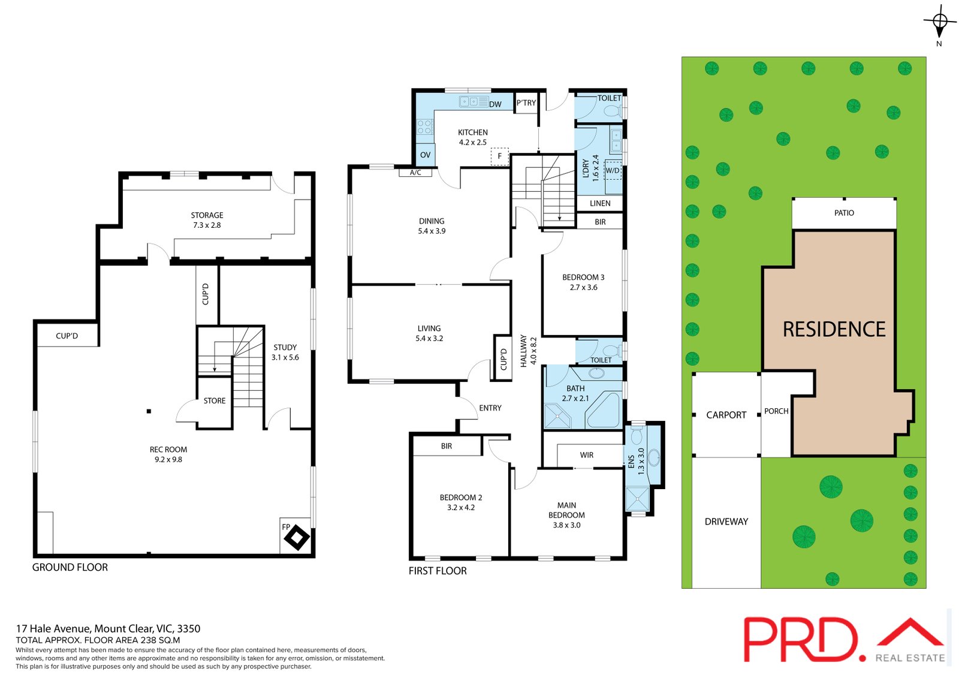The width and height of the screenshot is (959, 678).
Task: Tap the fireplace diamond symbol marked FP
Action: coord(297,538)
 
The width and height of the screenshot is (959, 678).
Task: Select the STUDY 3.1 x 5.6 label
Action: coord(285,352)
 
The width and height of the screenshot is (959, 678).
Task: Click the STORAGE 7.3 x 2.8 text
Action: coord(207,220)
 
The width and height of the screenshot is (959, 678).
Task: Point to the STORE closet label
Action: coord(214,400)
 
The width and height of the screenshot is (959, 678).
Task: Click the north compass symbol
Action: coord(939,22)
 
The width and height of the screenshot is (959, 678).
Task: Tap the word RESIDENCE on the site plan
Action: coord(834,329)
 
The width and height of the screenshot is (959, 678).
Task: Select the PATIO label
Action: coord(844,213)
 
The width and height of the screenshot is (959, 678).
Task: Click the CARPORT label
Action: coord(726,415)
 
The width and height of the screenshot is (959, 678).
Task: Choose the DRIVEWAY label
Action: coord(726,522)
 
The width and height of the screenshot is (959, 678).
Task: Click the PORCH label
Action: coord(776,411)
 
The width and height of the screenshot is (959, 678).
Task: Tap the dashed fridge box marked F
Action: coord(499,156)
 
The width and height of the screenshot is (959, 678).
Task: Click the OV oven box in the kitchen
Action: coord(425,155)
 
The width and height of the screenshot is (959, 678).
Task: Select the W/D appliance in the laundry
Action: coord(613,170)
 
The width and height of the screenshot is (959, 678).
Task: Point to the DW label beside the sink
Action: coord(495,104)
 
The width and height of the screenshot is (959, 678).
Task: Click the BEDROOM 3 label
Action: coord(583,282)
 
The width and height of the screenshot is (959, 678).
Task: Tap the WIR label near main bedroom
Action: coord(586,455)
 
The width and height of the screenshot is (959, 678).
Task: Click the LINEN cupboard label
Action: coord(600,203)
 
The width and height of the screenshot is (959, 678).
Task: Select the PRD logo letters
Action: coord(802,640)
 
